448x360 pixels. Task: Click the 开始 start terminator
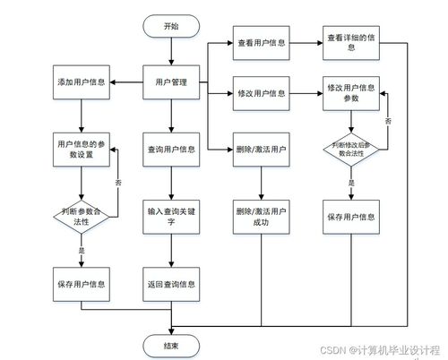click(171, 26)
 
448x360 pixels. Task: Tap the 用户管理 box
click(171, 82)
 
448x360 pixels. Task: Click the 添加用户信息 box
click(82, 82)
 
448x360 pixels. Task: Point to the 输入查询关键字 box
click(171, 219)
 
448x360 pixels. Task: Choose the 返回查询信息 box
click(171, 284)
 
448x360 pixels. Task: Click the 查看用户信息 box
click(261, 42)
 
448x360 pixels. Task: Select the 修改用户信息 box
click(261, 93)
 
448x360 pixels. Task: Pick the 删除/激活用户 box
click(261, 149)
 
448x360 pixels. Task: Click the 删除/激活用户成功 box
click(261, 219)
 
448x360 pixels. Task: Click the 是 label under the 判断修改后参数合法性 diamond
click(351, 182)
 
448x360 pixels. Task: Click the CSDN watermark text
click(381, 348)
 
